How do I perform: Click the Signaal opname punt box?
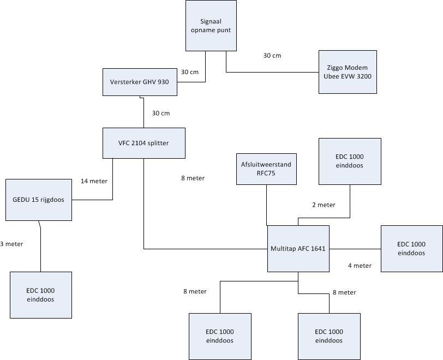pyautogui.click(x=211, y=26)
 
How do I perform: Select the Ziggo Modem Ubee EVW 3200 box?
pyautogui.click(x=348, y=72)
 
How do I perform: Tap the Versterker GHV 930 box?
pyautogui.click(x=140, y=82)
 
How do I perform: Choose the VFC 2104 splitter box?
pyautogui.click(x=143, y=143)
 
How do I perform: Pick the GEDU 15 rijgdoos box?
pyautogui.click(x=38, y=200)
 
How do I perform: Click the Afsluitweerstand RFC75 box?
pyautogui.click(x=266, y=169)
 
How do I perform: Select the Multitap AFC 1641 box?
pyautogui.click(x=298, y=248)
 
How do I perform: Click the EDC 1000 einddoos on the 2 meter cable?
pyautogui.click(x=350, y=161)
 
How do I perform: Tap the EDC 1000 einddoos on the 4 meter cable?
pyautogui.click(x=411, y=248)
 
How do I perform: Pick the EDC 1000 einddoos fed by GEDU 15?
pyautogui.click(x=41, y=295)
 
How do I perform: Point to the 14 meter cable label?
pyautogui.click(x=94, y=181)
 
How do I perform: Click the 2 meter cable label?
pyautogui.click(x=324, y=205)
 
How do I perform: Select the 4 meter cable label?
pyautogui.click(x=360, y=266)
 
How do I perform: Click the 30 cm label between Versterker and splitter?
pyautogui.click(x=161, y=113)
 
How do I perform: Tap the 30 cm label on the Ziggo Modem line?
pyautogui.click(x=272, y=56)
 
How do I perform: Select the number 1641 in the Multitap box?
pyautogui.click(x=316, y=249)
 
